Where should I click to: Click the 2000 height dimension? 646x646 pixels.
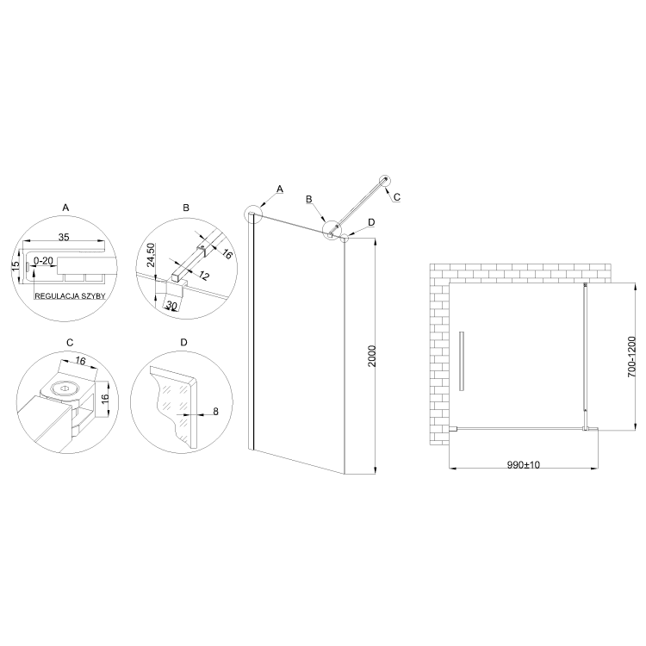pos(371,356)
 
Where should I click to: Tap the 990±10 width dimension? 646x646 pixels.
pos(523,465)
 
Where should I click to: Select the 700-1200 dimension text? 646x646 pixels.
pos(631,357)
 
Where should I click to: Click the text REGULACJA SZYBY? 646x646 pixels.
pos(70,296)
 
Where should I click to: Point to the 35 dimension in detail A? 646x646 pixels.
pos(64,238)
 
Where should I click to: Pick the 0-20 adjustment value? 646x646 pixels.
pos(43,261)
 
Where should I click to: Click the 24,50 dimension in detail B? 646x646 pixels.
pos(151,255)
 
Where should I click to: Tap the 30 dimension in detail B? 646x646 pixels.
pos(171,305)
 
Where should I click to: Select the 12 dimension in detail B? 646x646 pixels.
pos(203,276)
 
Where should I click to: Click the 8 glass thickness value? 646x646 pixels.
pos(215,411)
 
